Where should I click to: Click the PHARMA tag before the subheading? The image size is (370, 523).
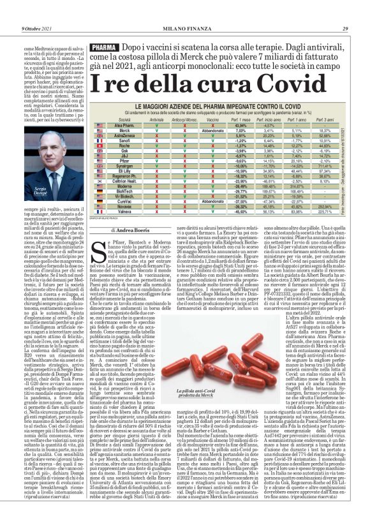(x=104, y=47)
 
